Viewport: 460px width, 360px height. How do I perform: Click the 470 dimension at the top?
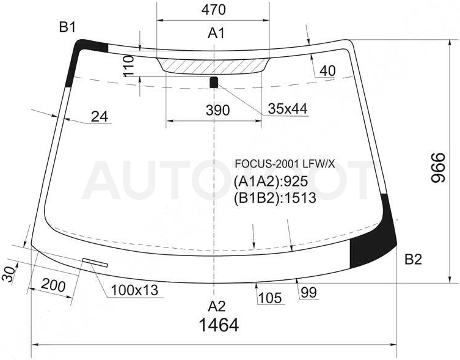213,10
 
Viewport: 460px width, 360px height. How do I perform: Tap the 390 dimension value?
217,111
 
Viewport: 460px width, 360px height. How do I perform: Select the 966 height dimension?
439,167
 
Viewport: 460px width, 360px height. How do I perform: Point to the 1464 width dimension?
219,325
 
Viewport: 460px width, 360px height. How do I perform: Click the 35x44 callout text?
288,109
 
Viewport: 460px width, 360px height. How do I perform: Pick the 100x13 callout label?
134,290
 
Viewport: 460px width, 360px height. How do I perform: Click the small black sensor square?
214,83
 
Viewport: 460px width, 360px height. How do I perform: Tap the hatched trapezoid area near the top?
213,65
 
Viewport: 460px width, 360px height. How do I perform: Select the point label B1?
67,28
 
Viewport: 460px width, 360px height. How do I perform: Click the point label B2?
414,259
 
